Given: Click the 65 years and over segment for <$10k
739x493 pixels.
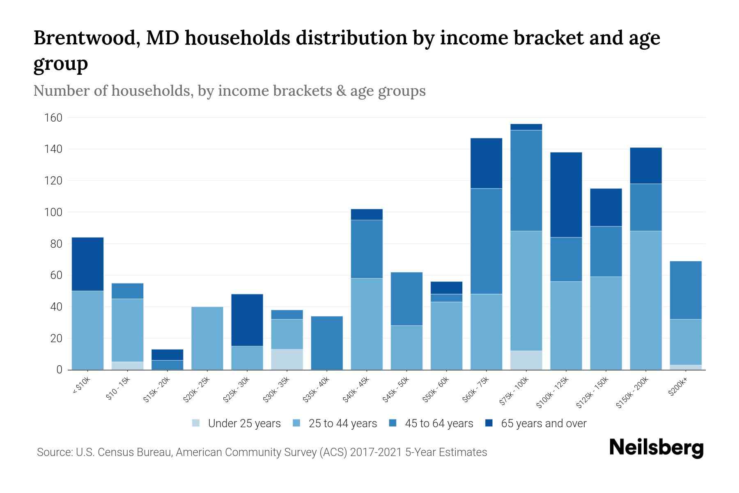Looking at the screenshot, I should (87, 264).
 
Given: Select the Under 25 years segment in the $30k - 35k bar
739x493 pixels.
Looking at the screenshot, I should (287, 359).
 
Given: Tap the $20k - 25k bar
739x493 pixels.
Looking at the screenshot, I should (207, 338).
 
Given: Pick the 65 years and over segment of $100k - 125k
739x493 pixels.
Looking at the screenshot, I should (566, 195).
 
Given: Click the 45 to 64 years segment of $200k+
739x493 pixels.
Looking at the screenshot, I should (686, 290).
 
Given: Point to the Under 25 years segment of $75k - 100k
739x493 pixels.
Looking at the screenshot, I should (526, 360).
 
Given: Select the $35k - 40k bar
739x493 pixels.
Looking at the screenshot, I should (327, 343).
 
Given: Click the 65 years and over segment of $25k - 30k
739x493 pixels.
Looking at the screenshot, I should (247, 320).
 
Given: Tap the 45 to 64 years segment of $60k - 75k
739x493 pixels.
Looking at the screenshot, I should (486, 241).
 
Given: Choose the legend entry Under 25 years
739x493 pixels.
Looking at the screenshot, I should (236, 424).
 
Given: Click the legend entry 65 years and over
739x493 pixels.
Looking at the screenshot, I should (536, 424).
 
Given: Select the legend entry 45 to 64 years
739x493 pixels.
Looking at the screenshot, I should (431, 424).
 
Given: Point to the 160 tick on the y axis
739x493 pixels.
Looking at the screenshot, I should (53, 118).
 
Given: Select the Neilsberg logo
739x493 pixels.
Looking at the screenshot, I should (656, 448).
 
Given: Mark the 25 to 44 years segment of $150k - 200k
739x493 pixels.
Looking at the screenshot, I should (646, 300).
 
